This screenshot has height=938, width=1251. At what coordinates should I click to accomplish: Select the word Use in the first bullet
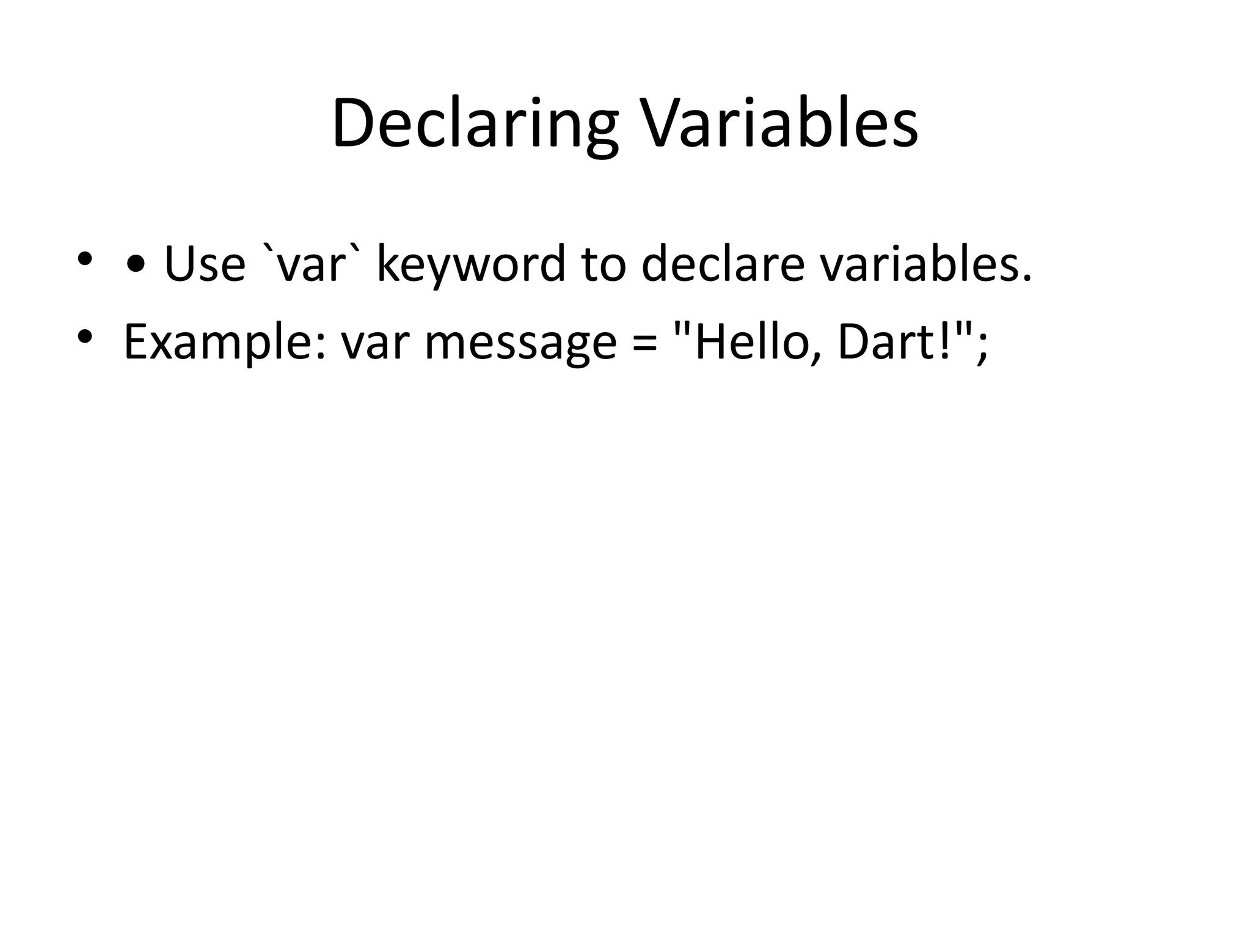pos(205,264)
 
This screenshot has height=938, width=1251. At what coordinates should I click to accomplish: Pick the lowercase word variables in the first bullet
pos(925,264)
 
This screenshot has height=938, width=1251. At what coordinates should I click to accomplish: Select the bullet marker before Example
pos(85,336)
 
